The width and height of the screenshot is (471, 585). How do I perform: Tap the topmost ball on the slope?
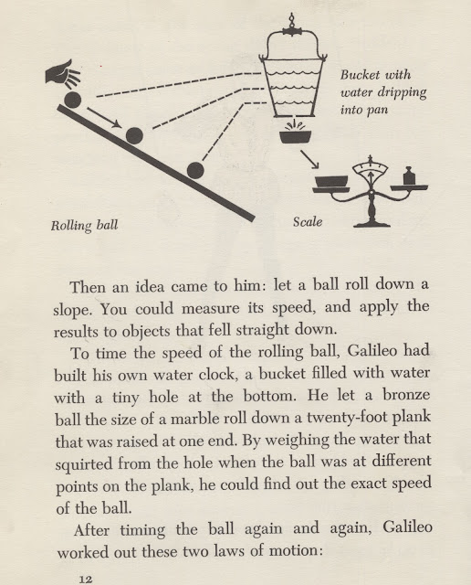pyautogui.click(x=72, y=100)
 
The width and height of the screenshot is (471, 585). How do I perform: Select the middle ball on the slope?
pyautogui.click(x=134, y=135)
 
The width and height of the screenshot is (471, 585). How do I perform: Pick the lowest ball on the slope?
pyautogui.click(x=195, y=171)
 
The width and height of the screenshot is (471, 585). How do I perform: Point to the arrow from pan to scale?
pyautogui.click(x=310, y=159)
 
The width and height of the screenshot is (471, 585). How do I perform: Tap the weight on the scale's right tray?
pyautogui.click(x=409, y=175)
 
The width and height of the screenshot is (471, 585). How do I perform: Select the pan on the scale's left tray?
pyautogui.click(x=331, y=182)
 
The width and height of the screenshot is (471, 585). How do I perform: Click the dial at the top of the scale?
pyautogui.click(x=371, y=168)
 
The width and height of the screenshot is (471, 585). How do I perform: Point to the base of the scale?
pyautogui.click(x=372, y=224)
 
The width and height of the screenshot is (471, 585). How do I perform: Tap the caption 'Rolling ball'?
pyautogui.click(x=84, y=226)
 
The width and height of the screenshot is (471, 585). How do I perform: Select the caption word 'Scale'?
pyautogui.click(x=308, y=222)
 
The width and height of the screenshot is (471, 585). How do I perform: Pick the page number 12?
pyautogui.click(x=85, y=579)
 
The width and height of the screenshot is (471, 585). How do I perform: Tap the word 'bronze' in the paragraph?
pyautogui.click(x=406, y=396)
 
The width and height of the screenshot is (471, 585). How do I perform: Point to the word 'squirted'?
pyautogui.click(x=84, y=463)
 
